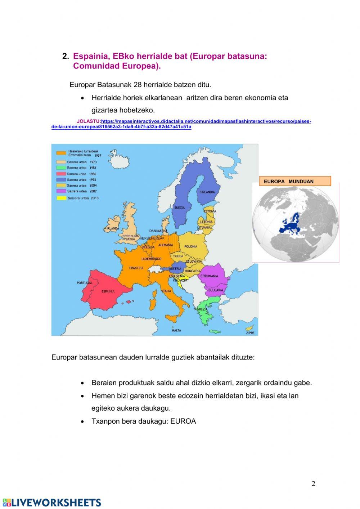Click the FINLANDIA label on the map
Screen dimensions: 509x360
[207, 192]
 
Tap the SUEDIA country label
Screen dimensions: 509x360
[179, 207]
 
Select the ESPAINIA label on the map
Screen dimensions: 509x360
[108, 291]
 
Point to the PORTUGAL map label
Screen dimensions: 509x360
[85, 283]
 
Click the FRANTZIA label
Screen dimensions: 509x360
[136, 268]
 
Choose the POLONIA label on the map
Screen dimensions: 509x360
[191, 247]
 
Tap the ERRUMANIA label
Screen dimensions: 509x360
[209, 276]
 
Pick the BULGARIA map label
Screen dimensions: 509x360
[216, 290]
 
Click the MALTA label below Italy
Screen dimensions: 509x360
[176, 330]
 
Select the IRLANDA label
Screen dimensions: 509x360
[113, 228]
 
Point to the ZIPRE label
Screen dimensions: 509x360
[250, 333]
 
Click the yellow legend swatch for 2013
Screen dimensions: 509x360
[61, 198]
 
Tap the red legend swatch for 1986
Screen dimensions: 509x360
[61, 174]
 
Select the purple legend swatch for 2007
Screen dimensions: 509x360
[61, 191]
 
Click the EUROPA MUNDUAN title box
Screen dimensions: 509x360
[295, 181]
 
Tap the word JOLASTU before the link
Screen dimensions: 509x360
[89, 121]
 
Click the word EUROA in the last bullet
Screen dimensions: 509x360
[183, 421]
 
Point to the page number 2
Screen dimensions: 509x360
[313, 483]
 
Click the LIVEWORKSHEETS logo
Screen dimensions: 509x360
[52, 503]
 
